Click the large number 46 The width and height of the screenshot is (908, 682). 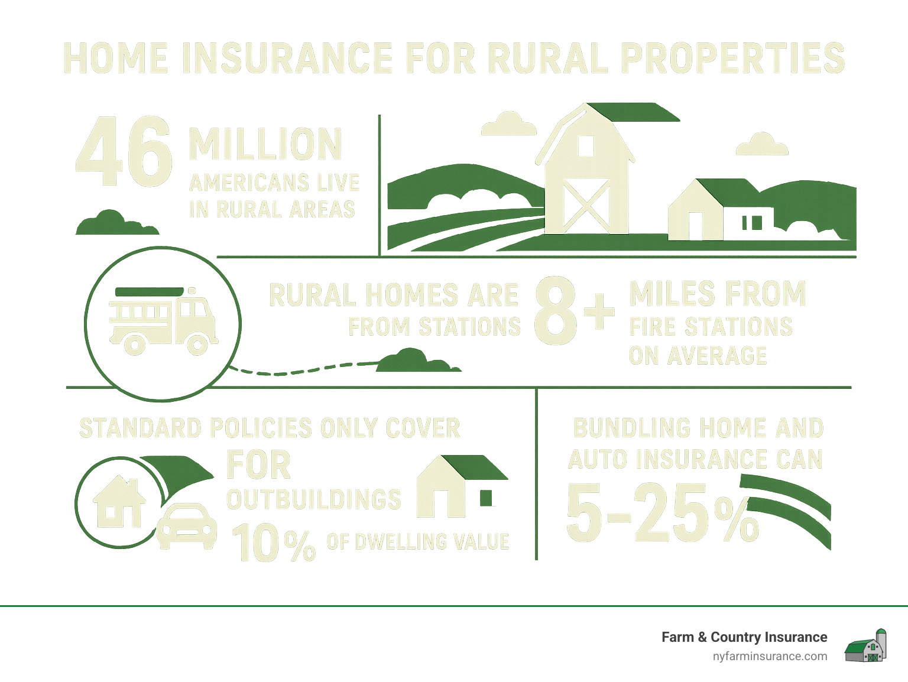(124, 152)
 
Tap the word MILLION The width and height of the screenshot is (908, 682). (265, 145)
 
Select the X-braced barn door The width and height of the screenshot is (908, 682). (586, 205)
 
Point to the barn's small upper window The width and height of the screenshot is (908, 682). (585, 145)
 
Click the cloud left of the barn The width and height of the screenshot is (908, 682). (508, 124)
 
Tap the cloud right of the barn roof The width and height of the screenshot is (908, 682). (762, 145)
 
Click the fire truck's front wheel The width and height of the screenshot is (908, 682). (197, 344)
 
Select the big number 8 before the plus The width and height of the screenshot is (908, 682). (556, 311)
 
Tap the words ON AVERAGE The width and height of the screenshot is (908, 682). (698, 356)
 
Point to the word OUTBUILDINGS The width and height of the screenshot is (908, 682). (314, 500)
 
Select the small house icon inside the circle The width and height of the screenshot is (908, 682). (119, 502)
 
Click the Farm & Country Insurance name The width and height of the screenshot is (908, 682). (744, 637)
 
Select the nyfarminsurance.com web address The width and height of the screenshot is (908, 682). (770, 657)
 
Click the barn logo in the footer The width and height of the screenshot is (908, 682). (866, 646)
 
